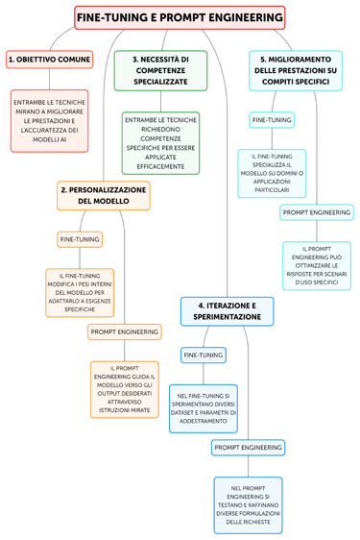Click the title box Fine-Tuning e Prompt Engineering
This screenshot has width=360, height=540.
tap(180, 18)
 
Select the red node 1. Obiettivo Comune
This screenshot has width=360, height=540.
tap(49, 60)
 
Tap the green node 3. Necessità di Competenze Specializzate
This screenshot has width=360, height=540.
tap(160, 71)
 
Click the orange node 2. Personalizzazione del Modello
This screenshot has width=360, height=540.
tap(103, 195)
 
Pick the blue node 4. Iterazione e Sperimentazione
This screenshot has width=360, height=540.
tap(227, 310)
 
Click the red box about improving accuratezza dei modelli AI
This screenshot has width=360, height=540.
tap(49, 121)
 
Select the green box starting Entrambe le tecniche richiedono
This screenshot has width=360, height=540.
tap(160, 143)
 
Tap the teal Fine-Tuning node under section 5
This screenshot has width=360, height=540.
tap(272, 120)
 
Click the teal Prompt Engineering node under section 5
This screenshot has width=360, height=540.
tap(316, 211)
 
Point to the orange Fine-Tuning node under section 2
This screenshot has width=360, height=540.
tap(79, 238)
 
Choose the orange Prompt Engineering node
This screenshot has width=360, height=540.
tap(124, 331)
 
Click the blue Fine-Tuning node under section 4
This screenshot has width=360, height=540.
tap(204, 355)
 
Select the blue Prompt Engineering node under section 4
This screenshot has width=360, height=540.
tap(248, 447)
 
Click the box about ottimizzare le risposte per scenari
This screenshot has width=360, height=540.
tap(316, 265)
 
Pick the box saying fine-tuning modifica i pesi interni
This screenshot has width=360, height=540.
tap(79, 292)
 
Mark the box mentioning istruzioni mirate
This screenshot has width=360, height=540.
tap(124, 389)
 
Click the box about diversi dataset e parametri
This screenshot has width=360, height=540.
tap(204, 408)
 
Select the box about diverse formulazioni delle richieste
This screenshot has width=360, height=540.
tap(248, 504)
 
